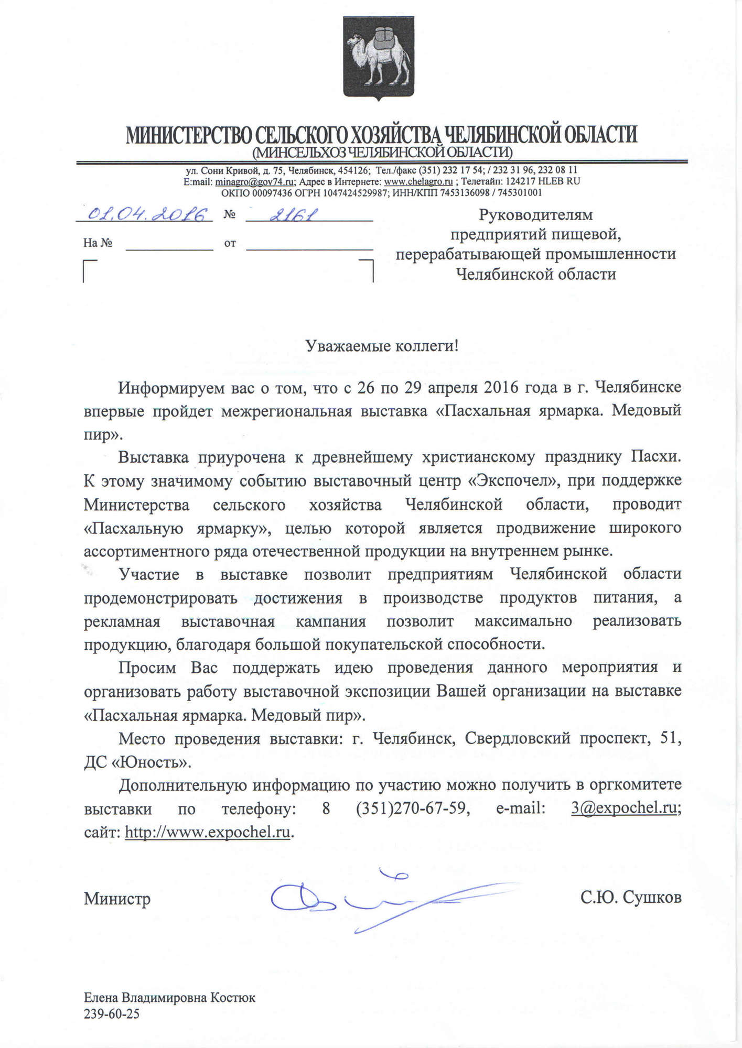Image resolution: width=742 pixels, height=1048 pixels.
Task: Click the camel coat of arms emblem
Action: coord(378,57)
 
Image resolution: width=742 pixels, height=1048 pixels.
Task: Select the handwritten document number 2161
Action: coord(293,214)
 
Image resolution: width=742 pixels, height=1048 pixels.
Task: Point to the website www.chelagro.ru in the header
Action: coord(418,181)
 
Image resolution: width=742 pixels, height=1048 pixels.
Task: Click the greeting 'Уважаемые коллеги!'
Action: coord(382,346)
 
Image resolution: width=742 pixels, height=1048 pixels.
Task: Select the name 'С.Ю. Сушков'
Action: coord(631,898)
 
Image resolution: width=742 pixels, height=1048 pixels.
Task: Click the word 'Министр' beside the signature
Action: coord(117,899)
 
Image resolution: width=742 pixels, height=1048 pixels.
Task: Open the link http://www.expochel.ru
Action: coord(208,832)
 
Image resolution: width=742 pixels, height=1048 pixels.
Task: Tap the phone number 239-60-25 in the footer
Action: coord(112,1013)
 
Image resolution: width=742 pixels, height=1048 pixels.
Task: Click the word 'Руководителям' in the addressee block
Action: coord(535,215)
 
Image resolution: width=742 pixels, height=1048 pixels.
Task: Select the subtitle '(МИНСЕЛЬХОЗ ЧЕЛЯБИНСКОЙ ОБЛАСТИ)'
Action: coord(382,152)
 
